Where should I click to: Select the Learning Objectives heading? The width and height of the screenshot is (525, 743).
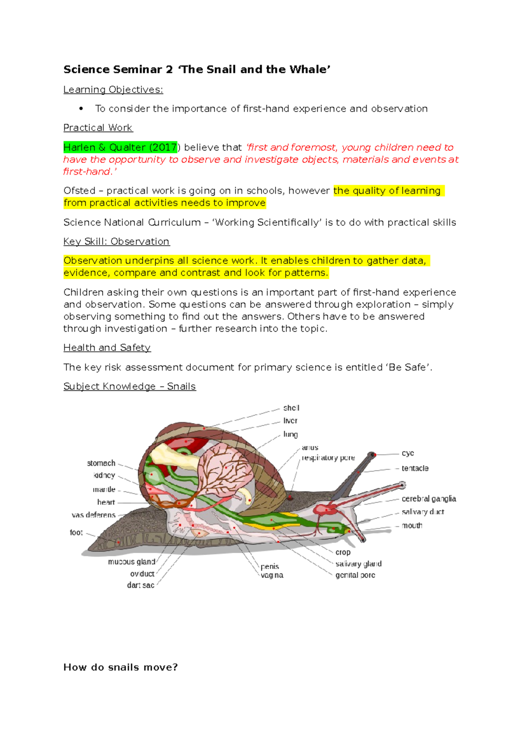[113, 90]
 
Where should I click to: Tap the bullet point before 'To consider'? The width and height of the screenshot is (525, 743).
[81, 109]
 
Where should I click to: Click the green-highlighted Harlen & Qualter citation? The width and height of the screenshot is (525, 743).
[120, 147]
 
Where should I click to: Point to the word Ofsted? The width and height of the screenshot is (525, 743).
[79, 191]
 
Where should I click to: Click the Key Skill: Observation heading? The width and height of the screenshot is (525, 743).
[116, 242]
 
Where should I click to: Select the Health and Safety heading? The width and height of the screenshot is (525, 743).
[107, 348]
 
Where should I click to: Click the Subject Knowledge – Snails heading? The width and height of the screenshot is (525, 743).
[129, 386]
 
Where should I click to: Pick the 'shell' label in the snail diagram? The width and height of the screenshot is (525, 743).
[291, 408]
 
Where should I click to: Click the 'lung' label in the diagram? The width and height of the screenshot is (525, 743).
[290, 434]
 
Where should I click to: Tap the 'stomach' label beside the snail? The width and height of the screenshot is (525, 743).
[101, 463]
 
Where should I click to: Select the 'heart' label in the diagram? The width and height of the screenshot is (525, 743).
[106, 502]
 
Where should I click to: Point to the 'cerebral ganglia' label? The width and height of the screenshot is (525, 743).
[428, 499]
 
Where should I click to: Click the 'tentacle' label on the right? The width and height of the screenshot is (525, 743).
[415, 468]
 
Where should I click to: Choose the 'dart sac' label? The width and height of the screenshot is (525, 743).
[140, 585]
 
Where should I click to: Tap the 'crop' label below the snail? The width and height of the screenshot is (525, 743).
[343, 552]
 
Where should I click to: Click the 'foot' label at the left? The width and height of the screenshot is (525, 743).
[76, 533]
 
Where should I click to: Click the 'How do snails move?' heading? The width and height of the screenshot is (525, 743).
[120, 667]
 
